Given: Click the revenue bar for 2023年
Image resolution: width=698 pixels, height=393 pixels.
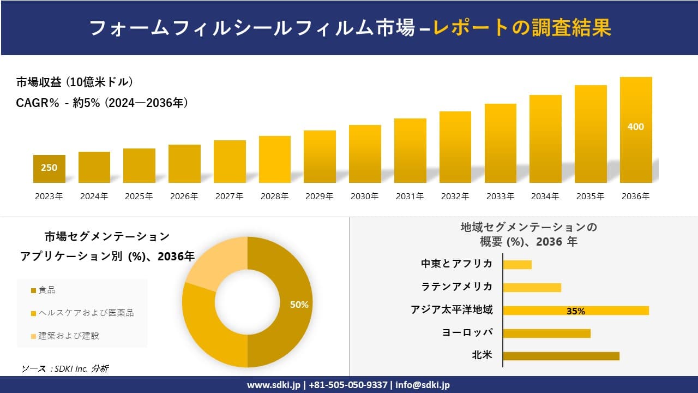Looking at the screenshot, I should pos(49,169).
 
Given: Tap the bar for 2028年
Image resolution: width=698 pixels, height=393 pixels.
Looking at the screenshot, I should pos(275,159).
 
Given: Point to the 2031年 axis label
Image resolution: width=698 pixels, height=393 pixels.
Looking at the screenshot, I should pos(410,196).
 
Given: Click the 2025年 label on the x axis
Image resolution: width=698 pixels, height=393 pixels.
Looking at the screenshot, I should pos(139,196).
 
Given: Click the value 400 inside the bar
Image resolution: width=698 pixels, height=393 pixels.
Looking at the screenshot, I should pos(636,127).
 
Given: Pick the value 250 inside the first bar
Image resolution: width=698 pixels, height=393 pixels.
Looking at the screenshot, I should pos(49,168).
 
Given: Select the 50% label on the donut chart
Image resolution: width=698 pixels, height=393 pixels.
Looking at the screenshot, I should pos(299,305).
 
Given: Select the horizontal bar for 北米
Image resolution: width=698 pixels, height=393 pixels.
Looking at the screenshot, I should pos(561,356).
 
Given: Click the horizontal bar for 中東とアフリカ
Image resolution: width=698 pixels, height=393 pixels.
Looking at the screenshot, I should pos(517,264).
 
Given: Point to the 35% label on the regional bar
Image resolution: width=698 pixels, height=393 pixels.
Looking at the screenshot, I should pos(575,311).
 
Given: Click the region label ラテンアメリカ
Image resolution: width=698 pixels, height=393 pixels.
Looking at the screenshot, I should pos(456,287).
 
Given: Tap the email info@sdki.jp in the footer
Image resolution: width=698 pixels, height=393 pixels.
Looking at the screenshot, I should pos(423,385).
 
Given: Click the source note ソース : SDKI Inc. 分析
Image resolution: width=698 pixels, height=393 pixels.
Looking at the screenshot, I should pos(65,369).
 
